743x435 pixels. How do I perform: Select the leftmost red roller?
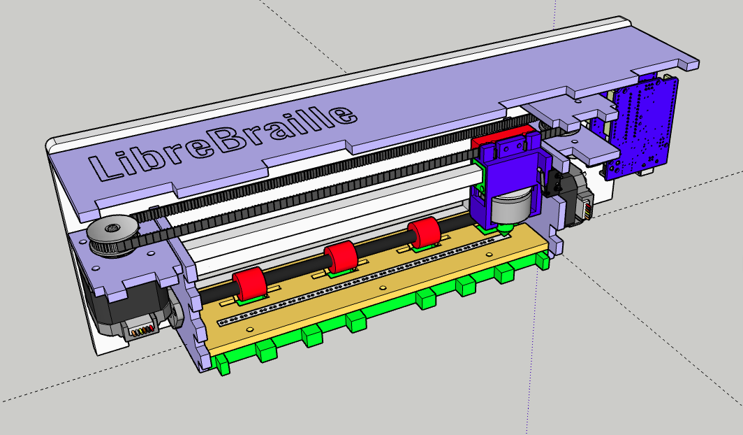(249, 284)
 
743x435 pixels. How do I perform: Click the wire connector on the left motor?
(140, 330)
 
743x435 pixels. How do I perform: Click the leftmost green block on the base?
(224, 365)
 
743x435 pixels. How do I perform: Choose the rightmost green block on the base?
(542, 262)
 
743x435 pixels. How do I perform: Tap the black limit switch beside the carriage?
(554, 183)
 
